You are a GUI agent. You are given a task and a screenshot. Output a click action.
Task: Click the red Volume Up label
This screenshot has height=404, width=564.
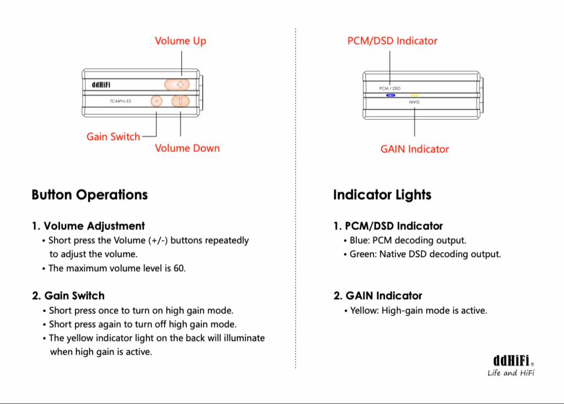coord(180,41)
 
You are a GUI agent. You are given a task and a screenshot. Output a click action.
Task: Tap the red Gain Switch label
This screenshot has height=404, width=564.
coord(113,137)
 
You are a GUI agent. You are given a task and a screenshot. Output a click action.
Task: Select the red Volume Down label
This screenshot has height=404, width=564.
coord(187,148)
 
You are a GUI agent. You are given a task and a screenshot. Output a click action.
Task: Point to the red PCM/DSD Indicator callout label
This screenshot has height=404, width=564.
coord(392,41)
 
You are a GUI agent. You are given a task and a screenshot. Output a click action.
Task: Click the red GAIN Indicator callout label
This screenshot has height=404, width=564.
coord(414,149)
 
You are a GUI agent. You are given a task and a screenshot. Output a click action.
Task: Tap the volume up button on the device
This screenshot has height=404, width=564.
coord(177,84)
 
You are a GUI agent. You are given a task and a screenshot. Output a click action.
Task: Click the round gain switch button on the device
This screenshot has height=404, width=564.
coord(156,101)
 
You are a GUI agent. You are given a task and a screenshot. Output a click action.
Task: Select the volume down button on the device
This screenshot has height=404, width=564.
coord(180,101)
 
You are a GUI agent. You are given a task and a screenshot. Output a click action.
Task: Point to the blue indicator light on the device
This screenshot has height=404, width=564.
coord(391,95)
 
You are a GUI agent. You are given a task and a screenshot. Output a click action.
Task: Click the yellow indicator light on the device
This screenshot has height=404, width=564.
coord(414,95)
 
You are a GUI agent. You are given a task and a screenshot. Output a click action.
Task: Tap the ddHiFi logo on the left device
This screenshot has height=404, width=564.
coord(101,85)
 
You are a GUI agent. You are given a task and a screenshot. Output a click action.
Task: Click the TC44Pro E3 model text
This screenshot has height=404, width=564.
coord(120,101)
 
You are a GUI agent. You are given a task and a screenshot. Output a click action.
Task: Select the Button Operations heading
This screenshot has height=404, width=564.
coord(90,195)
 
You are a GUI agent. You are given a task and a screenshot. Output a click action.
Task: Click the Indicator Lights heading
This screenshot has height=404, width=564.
coord(382,195)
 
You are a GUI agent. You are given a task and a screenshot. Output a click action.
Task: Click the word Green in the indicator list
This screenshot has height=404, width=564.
coord(362,254)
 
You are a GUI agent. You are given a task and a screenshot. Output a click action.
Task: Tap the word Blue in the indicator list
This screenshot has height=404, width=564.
coord(359,241)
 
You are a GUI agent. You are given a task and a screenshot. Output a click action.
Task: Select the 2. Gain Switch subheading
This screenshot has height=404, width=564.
coord(68,296)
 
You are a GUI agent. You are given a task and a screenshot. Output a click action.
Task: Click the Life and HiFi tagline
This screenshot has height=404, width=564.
coord(511,373)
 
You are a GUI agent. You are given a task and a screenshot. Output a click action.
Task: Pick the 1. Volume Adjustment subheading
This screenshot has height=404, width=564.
coord(88,226)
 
